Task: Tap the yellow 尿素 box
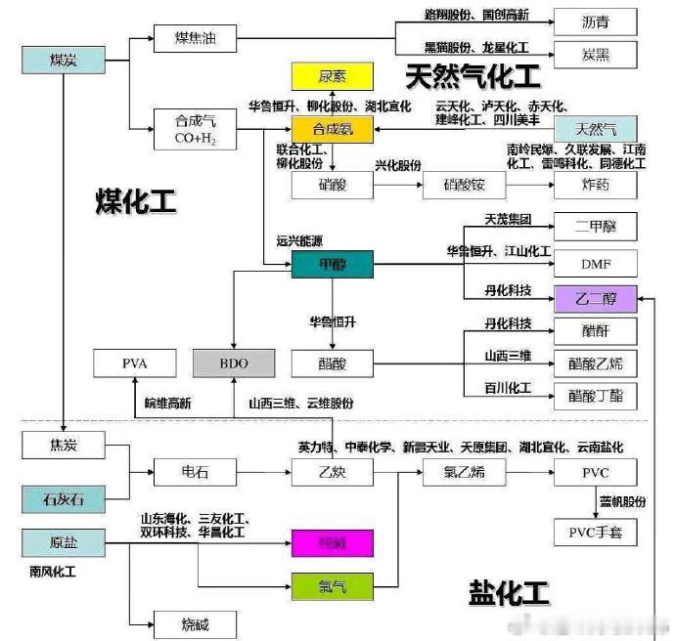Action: (332, 75)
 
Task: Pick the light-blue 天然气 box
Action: (595, 129)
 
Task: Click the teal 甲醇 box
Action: (332, 263)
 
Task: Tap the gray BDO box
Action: (234, 363)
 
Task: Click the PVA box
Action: (134, 363)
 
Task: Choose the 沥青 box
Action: (595, 20)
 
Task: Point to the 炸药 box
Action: (595, 186)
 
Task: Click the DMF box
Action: (595, 263)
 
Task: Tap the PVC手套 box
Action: (595, 533)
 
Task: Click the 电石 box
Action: (195, 474)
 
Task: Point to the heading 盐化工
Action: (509, 592)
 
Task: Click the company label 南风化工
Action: (55, 566)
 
